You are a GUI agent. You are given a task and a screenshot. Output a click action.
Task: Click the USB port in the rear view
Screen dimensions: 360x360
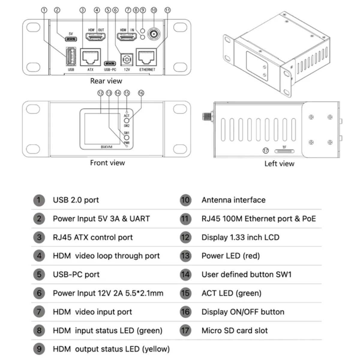pos(71,56)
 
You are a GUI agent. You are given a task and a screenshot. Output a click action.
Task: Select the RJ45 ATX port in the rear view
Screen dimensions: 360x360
pos(90,57)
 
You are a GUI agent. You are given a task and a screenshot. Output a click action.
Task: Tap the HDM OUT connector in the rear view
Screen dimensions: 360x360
pos(96,37)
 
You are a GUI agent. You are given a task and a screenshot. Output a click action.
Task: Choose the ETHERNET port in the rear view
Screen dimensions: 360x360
pos(146,57)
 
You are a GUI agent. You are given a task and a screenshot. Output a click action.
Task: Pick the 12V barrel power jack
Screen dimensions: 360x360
pos(127,60)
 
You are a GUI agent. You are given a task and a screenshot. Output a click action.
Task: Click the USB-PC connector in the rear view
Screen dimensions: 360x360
pos(110,64)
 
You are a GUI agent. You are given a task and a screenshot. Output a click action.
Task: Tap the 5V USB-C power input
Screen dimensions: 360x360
pos(71,39)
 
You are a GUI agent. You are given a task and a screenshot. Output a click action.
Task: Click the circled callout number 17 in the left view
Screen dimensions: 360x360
pos(265,151)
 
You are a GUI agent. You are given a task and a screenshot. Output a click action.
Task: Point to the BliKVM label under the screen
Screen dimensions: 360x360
pos(106,147)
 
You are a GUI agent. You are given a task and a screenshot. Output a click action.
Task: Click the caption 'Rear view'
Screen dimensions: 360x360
pos(106,81)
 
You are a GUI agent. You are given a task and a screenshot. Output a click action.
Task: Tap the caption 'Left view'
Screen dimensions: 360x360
pos(279,164)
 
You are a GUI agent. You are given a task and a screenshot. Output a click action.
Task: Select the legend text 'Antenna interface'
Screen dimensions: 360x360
pos(233,200)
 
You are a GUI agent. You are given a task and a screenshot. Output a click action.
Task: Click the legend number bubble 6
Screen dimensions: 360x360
pos(39,293)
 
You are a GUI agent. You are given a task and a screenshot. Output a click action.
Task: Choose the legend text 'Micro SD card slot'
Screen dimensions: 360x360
pos(234,331)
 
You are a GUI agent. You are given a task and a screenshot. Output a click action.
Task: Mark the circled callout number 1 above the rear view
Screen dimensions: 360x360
pos(44,10)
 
